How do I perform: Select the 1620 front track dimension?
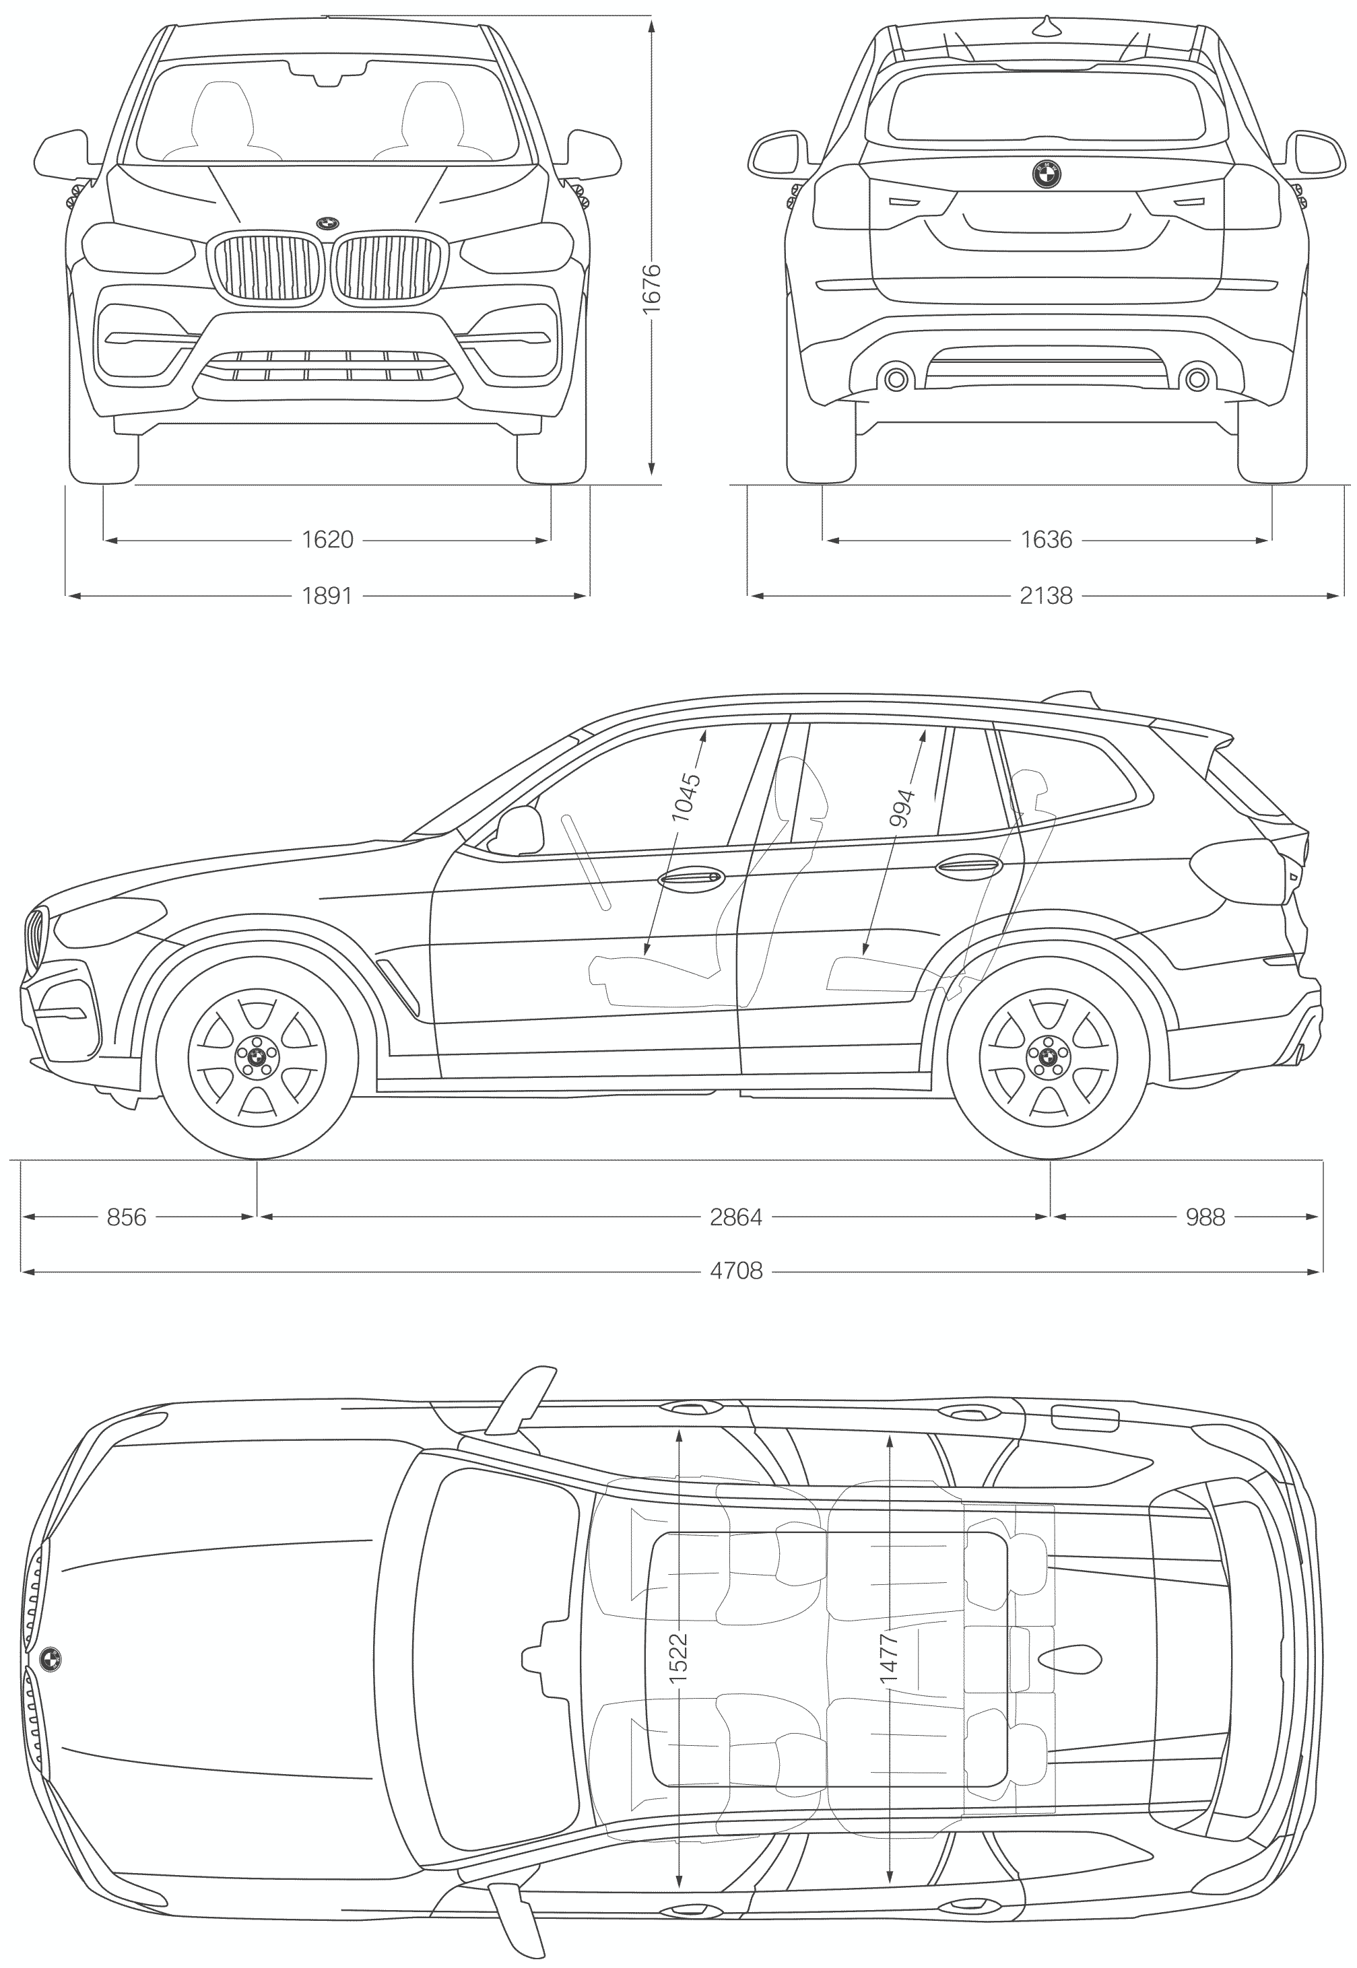327,539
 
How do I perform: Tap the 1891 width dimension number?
327,596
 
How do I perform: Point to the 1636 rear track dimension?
1047,539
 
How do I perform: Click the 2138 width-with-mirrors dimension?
1047,596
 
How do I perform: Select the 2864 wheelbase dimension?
736,1217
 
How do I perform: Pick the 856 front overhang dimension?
127,1217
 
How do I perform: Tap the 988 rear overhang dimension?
1205,1217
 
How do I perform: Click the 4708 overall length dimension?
736,1271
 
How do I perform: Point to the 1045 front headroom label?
686,796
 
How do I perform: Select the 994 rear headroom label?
902,809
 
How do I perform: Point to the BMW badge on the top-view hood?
50,1658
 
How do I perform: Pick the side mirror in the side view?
519,831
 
